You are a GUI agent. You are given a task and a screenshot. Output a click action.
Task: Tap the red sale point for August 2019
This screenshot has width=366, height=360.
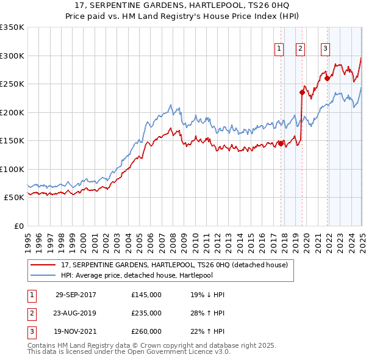(x=302, y=93)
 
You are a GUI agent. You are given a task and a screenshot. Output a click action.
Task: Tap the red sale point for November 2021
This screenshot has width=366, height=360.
(x=328, y=78)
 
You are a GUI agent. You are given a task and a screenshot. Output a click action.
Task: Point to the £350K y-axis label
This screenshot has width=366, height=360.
(x=12, y=27)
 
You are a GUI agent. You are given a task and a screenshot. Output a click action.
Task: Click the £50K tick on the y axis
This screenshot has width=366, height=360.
(x=15, y=197)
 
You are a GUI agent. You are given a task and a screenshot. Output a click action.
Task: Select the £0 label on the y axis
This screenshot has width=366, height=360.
(x=18, y=226)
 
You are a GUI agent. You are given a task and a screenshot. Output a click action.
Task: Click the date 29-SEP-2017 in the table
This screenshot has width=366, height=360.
(x=76, y=295)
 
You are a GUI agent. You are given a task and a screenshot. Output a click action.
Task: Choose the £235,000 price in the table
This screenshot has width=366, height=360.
(x=146, y=313)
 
